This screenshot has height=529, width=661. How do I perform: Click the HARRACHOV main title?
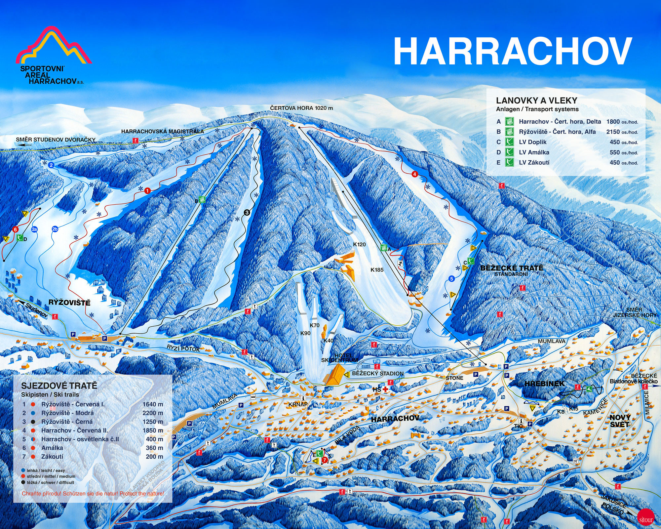click(x=512, y=51)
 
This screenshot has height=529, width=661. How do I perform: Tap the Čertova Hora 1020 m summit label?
click(x=301, y=108)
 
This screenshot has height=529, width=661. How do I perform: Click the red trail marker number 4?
click(x=415, y=174)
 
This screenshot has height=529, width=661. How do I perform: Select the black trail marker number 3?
click(x=247, y=213)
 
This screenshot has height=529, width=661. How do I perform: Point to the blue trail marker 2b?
click(x=55, y=229)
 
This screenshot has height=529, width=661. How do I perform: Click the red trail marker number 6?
click(x=15, y=229)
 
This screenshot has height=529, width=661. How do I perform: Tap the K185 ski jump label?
click(x=377, y=270)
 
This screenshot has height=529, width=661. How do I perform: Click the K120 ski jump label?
click(x=359, y=244)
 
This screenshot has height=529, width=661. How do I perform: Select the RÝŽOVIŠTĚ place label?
click(x=69, y=303)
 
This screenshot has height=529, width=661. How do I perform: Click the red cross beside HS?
click(x=385, y=389)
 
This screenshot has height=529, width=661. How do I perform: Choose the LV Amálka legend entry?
click(x=534, y=152)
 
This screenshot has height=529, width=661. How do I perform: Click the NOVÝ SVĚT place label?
click(x=620, y=421)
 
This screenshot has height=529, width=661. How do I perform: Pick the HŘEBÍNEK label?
click(x=544, y=384)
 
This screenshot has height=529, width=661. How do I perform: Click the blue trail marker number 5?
click(x=452, y=279)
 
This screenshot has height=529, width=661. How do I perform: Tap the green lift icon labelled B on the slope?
click(x=203, y=199)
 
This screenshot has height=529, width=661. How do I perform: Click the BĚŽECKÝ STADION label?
click(x=378, y=374)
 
